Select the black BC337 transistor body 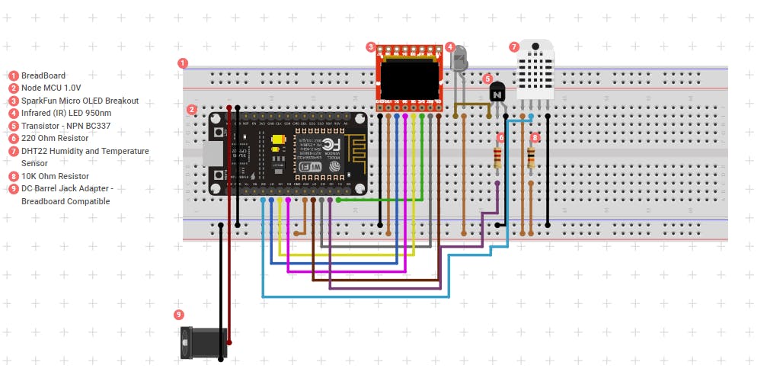pyautogui.click(x=497, y=92)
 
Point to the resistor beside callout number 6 pyautogui.click(x=497, y=157)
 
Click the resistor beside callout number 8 pyautogui.click(x=531, y=157)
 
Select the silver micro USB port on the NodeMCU pyautogui.click(x=211, y=155)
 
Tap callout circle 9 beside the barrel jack pyautogui.click(x=179, y=314)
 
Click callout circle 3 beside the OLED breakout pyautogui.click(x=371, y=47)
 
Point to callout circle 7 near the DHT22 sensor pyautogui.click(x=514, y=46)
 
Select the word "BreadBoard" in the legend pyautogui.click(x=43, y=75)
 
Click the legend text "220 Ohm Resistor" pyautogui.click(x=55, y=138)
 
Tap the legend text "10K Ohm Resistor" pyautogui.click(x=55, y=176)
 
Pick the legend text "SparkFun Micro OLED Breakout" pyautogui.click(x=80, y=101)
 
